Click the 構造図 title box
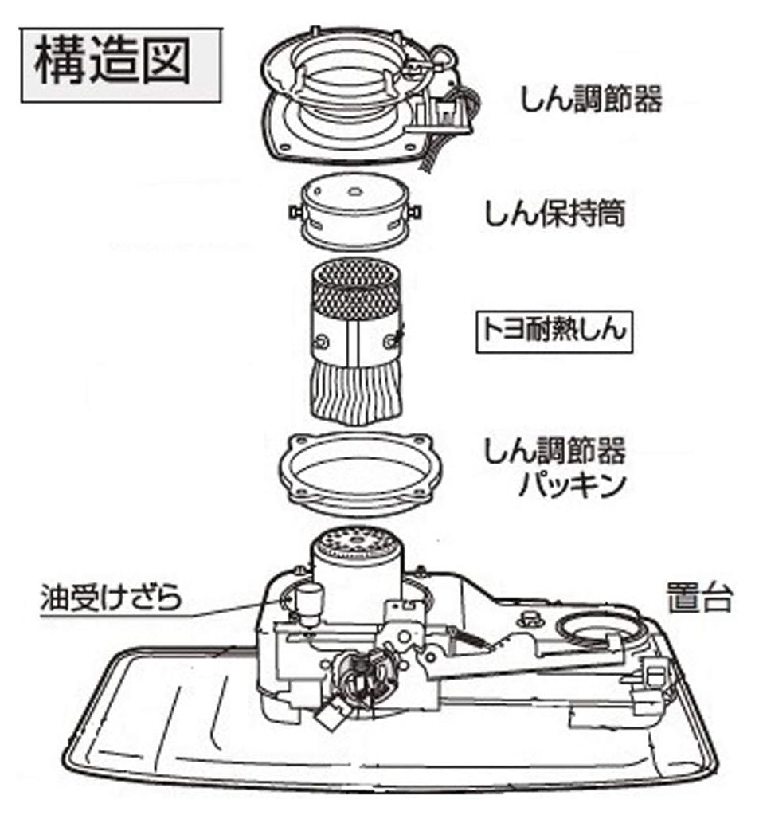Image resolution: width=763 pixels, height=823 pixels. click(121, 65)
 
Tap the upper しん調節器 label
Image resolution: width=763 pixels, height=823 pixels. click(592, 98)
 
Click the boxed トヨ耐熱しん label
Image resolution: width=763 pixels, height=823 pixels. click(554, 331)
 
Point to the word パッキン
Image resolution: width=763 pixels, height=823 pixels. click(573, 485)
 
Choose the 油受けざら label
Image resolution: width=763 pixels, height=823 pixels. click(111, 598)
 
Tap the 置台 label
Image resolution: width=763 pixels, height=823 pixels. click(699, 597)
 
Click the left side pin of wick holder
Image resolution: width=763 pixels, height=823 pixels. click(294, 213)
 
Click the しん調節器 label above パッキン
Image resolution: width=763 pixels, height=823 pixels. click(555, 452)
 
